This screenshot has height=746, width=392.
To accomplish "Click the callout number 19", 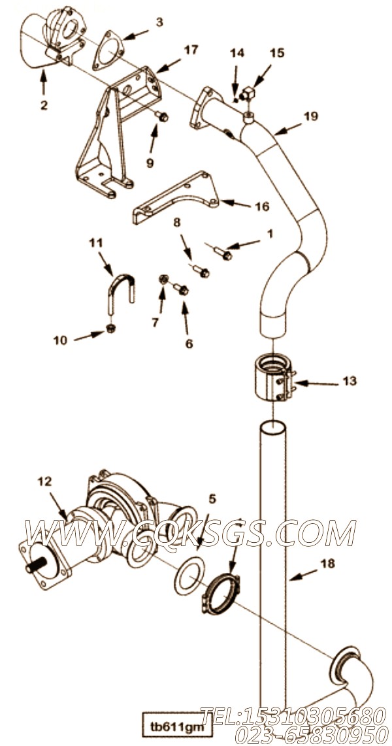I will [311, 116].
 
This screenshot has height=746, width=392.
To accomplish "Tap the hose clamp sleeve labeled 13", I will [272, 379].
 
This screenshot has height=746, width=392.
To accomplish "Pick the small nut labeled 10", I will [111, 327].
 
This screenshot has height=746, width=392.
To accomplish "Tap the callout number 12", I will [44, 481].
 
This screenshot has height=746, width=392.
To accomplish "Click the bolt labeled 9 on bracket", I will [163, 117].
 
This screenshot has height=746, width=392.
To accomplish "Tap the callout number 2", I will [44, 105].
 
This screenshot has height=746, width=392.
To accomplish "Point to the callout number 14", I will [237, 54].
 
